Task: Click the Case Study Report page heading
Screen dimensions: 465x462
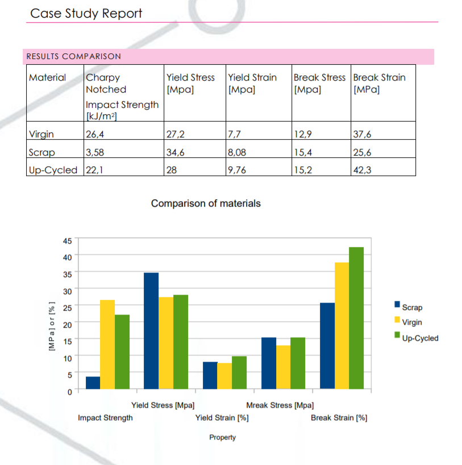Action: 86,13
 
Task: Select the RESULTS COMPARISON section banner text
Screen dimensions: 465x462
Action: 74,56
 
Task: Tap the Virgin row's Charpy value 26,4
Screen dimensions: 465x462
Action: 94,135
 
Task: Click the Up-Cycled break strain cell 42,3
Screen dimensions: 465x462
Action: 362,170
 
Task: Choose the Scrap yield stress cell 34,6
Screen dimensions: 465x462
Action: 175,152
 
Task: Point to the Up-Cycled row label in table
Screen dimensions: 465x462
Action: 53,170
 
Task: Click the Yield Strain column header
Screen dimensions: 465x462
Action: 252,78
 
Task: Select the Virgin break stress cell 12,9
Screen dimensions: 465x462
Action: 302,135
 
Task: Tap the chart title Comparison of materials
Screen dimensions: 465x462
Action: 206,203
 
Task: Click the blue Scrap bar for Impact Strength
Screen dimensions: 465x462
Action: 93,383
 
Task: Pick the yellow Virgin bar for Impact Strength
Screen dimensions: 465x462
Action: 107,344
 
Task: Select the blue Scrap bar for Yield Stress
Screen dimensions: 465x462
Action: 151,331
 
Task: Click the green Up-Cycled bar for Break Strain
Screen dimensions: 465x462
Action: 356,318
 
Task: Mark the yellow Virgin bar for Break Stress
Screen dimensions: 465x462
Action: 283,367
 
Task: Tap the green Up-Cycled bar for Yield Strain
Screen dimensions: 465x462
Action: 239,372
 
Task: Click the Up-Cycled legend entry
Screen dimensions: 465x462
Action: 420,338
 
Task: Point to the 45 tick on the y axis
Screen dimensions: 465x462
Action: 67,240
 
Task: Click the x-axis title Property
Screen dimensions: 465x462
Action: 222,437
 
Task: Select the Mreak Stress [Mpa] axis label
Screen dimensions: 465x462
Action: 280,405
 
